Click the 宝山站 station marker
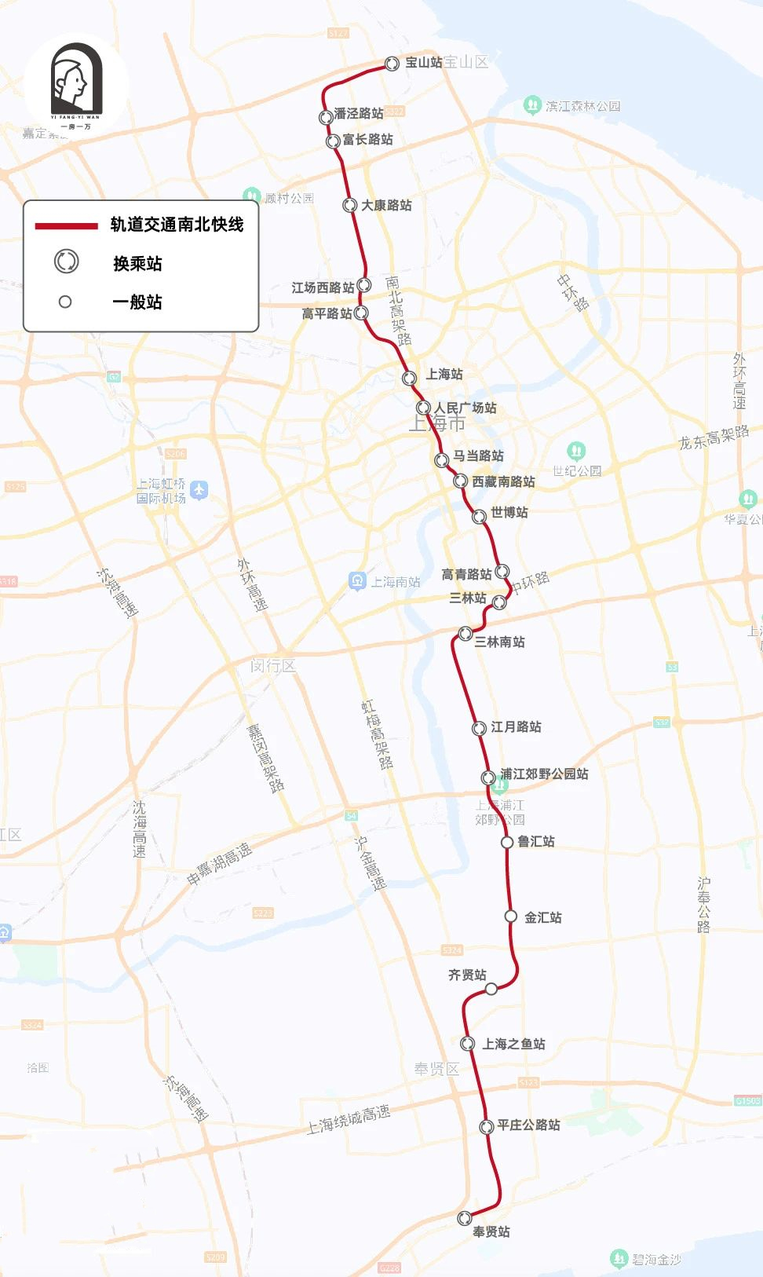pyautogui.click(x=392, y=64)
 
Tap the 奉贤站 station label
pyautogui.click(x=491, y=1231)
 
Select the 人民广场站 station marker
pyautogui.click(x=423, y=408)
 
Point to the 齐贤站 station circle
pyautogui.click(x=491, y=989)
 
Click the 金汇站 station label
pyautogui.click(x=542, y=917)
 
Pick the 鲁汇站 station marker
pyautogui.click(x=507, y=842)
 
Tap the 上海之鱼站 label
pyautogui.click(x=513, y=1044)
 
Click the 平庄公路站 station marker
pyautogui.click(x=487, y=1127)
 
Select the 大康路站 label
pyautogui.click(x=386, y=205)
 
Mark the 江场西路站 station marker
pyautogui.click(x=363, y=285)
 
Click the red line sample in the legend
pyautogui.click(x=66, y=225)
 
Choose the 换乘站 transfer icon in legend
pyautogui.click(x=66, y=262)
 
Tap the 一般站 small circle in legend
pyautogui.click(x=65, y=302)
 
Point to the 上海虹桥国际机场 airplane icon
pyautogui.click(x=199, y=491)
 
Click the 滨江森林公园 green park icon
pyautogui.click(x=532, y=104)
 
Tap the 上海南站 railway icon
pyautogui.click(x=357, y=581)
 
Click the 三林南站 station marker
pyautogui.click(x=465, y=633)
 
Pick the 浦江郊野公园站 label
pyautogui.click(x=544, y=774)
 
